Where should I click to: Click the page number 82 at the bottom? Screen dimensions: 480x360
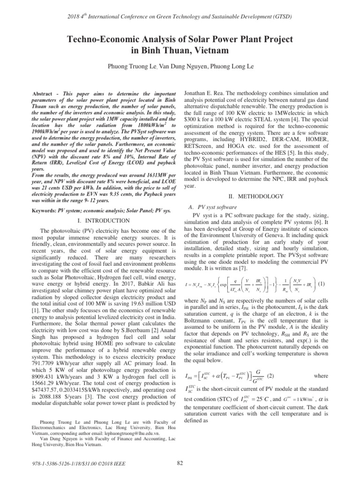(180, 464)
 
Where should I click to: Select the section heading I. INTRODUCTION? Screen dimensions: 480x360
(103, 220)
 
